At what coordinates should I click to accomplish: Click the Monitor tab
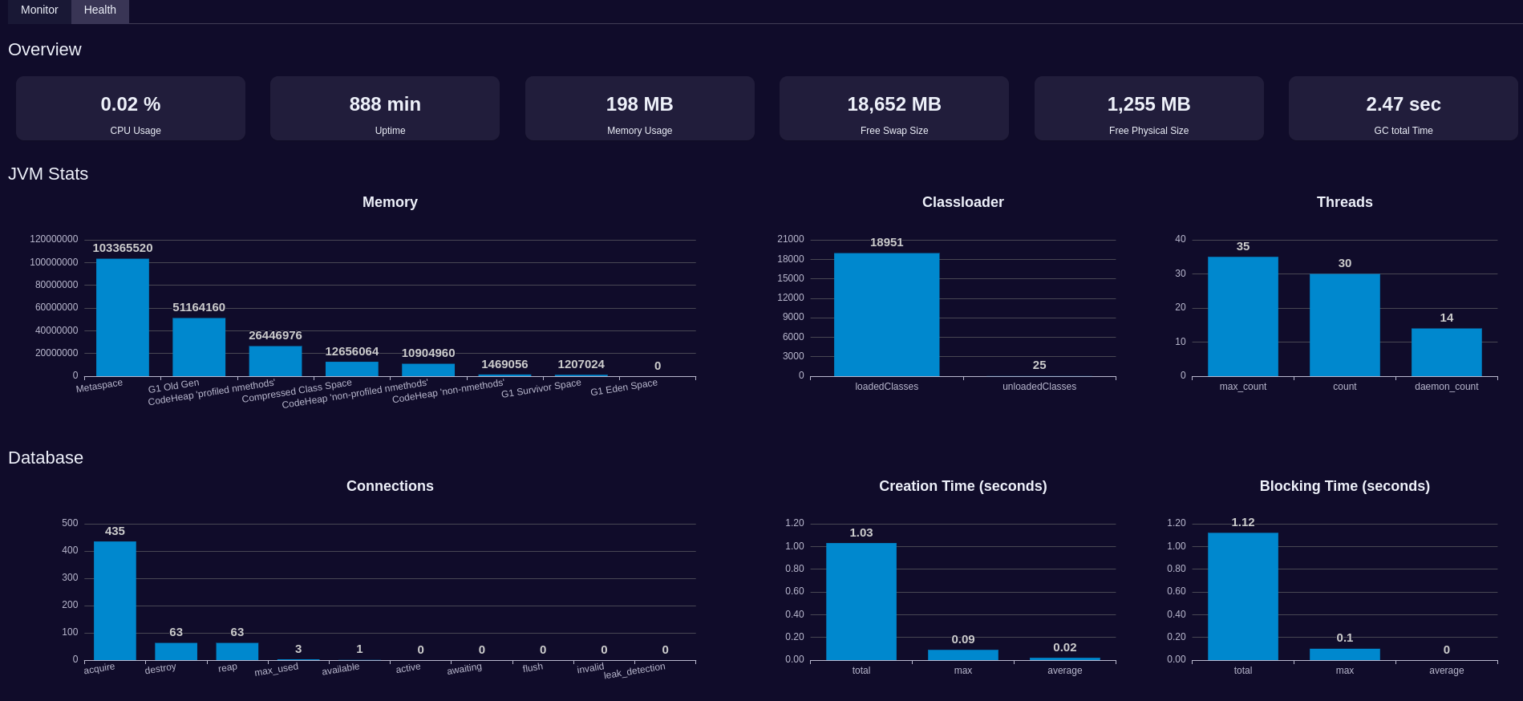tap(39, 10)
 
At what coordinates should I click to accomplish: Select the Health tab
tap(99, 10)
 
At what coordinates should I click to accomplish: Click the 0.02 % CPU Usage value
tap(131, 104)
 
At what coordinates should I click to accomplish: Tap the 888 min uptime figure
tap(385, 104)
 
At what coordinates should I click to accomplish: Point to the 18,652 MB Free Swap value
tap(894, 104)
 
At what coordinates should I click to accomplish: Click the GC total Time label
tap(1403, 131)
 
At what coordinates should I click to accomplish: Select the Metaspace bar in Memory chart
tap(123, 318)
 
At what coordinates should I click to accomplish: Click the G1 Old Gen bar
tap(199, 347)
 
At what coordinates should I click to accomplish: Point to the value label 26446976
tap(275, 335)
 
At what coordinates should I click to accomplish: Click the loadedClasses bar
tap(886, 314)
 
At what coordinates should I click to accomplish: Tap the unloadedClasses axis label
tap(1039, 387)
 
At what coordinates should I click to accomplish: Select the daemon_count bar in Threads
tap(1446, 352)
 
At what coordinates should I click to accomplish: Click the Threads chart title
tap(1344, 202)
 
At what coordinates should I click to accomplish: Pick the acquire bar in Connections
tap(115, 601)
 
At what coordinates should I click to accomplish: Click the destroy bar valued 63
tap(176, 651)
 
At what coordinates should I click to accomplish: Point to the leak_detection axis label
tap(634, 671)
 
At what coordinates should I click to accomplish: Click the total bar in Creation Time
tap(861, 602)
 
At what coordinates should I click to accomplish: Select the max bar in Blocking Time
tap(1344, 654)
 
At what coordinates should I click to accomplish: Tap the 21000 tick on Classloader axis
tap(790, 239)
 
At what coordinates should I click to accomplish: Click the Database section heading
tap(46, 458)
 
